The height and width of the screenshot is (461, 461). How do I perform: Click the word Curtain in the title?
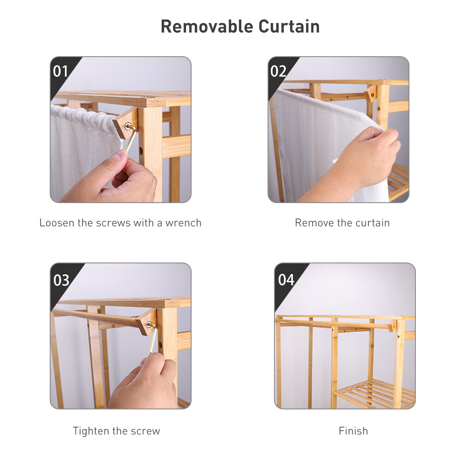coord(289,26)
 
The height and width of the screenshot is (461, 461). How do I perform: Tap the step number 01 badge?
coord(61,71)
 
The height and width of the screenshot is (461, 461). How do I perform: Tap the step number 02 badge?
coord(279,71)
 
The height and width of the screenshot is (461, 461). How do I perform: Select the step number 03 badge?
coord(61,280)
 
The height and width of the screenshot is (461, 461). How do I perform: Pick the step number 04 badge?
coord(286,280)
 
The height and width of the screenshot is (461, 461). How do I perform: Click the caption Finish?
coord(353,431)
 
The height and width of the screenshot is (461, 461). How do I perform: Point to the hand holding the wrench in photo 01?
coord(120,180)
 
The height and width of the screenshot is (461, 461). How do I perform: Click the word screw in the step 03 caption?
coord(147,431)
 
